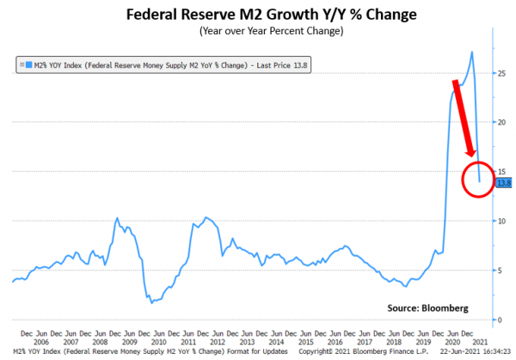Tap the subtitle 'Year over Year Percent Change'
tap(257, 33)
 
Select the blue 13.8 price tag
tap(503, 182)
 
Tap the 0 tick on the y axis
tap(501, 320)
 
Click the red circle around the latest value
tap(481, 177)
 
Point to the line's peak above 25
tap(472, 52)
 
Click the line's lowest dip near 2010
tap(150, 302)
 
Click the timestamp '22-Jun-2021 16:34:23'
tap(473, 351)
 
